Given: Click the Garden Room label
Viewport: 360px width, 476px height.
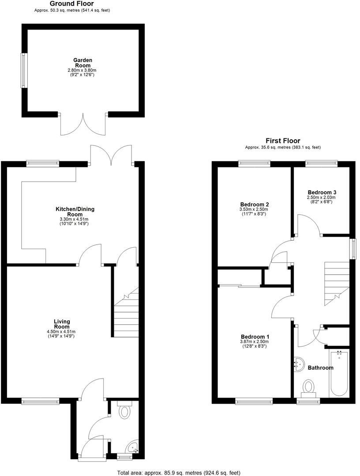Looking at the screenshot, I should tap(82, 63).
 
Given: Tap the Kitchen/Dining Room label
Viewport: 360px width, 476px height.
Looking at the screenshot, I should tap(75, 212).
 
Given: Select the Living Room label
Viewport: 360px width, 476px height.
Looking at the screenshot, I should tap(62, 324).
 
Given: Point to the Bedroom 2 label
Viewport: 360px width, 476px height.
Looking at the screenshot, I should tap(255, 205).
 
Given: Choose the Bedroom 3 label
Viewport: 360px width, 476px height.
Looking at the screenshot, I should tap(322, 193).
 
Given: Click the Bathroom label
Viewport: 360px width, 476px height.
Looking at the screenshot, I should tap(320, 368).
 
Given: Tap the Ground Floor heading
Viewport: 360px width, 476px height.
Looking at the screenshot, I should tap(71, 4).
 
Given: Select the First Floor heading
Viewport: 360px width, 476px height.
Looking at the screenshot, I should tap(283, 141).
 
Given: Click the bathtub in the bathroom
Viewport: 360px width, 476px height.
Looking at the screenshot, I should tap(339, 372).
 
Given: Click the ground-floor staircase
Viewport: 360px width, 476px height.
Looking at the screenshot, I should tap(126, 313).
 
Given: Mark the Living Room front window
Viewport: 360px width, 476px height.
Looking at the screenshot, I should tap(40, 401).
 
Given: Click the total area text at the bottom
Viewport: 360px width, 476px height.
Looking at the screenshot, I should tap(179, 472).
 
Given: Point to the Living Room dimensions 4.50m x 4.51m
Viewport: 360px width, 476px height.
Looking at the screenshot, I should tap(62, 331).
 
